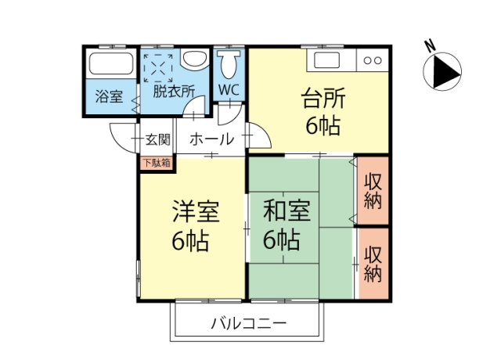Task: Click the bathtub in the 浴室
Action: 110,63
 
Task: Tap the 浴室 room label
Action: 109,95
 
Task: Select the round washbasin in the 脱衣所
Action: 195,59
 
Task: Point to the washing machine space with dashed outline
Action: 158,68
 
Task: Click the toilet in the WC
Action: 229,63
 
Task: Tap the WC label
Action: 229,90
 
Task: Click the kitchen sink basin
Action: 326,60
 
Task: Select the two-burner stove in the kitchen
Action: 373,60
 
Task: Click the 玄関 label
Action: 158,140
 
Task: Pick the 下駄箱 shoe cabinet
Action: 157,164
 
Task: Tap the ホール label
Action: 212,139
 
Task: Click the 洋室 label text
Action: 196,211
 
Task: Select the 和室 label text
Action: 287,211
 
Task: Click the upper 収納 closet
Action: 373,191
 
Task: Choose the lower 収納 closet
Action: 374,264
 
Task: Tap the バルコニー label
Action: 249,323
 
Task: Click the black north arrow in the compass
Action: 447,71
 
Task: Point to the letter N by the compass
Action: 431,47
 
